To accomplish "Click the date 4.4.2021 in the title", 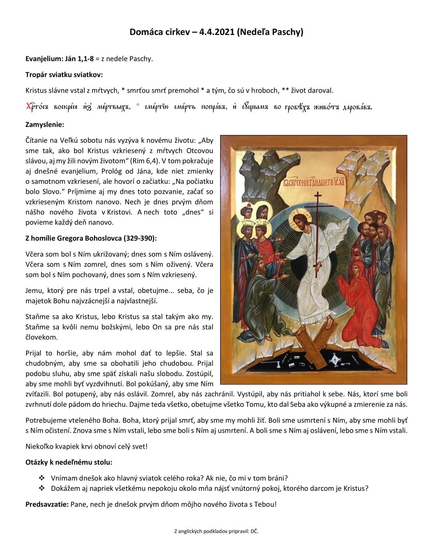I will click(x=217, y=32).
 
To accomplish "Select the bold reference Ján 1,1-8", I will click(x=79, y=59).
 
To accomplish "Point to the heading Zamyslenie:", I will click(x=45, y=125).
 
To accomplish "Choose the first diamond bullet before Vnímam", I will click(x=42, y=478).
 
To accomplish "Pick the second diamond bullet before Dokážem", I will click(x=42, y=488).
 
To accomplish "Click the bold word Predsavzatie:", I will click(x=47, y=504).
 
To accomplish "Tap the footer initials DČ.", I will click(x=254, y=531).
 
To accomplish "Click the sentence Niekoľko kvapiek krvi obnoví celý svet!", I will click(x=87, y=446).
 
